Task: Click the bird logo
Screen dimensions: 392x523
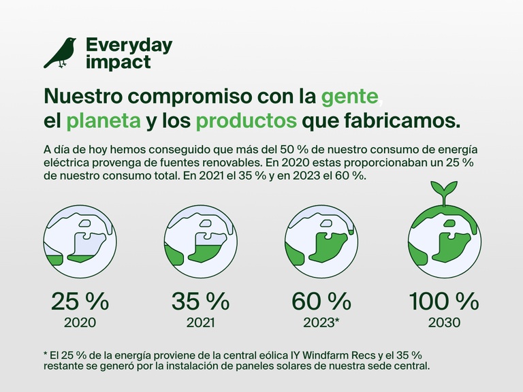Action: pos(60,53)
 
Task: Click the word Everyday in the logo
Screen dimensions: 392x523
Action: pos(129,46)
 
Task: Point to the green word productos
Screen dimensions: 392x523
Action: pos(246,121)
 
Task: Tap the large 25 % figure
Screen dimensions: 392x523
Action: pos(80,301)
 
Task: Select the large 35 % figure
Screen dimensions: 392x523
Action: pos(200,301)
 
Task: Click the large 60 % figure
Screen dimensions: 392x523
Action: pos(321,301)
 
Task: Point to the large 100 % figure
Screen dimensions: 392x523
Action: pos(444,301)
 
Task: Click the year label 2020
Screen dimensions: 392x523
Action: pos(80,323)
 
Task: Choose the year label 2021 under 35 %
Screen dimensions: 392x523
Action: pos(200,323)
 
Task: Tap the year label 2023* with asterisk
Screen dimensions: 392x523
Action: pos(323,323)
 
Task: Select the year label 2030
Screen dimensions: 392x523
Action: pos(444,323)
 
